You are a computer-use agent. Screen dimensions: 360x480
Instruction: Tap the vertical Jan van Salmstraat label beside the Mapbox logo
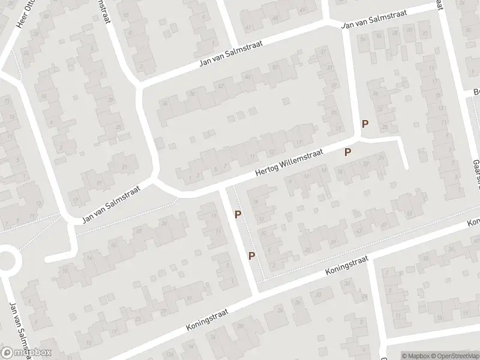tap(17, 327)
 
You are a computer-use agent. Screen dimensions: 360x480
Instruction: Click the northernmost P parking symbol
tap(364, 124)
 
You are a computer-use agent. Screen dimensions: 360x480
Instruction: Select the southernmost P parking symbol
tap(252, 256)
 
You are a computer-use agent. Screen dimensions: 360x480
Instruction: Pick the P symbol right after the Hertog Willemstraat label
tap(347, 152)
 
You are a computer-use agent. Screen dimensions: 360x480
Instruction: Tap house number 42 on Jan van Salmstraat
tap(221, 85)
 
